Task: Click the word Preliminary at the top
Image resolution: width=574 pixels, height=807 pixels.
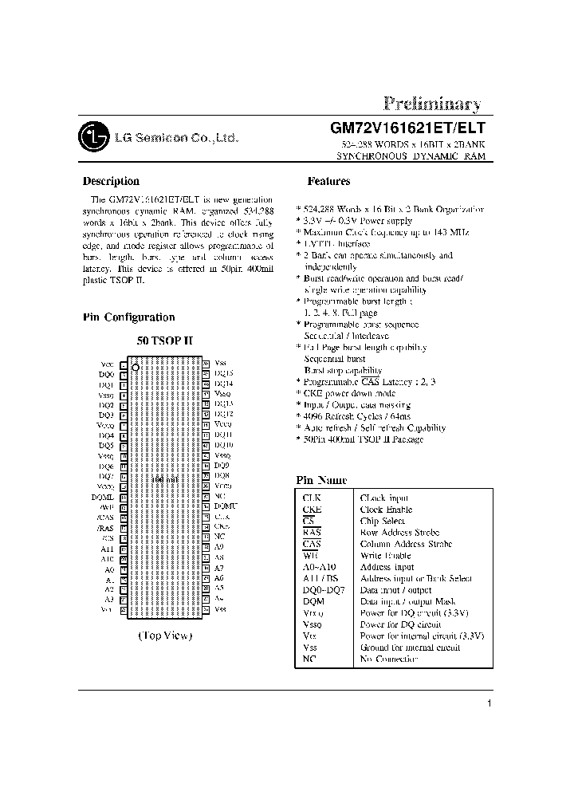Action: (x=431, y=104)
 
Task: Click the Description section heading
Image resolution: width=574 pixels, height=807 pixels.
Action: (x=111, y=181)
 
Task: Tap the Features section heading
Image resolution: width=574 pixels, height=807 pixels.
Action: (x=329, y=181)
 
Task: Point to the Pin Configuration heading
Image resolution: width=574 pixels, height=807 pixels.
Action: (x=128, y=317)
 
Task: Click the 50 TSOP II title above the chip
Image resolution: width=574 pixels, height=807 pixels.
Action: (x=164, y=341)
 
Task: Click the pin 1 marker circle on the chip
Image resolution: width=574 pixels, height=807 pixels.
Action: (x=136, y=368)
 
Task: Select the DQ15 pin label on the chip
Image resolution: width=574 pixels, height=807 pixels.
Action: (x=224, y=373)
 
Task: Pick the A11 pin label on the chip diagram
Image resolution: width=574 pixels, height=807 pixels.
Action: (x=108, y=549)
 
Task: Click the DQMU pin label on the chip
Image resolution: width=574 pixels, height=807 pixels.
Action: (x=226, y=506)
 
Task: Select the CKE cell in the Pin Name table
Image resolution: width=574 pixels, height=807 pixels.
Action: (x=313, y=510)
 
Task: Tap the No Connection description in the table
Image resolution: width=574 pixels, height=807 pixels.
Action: (x=388, y=659)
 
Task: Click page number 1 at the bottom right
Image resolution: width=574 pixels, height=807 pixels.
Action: (x=489, y=703)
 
